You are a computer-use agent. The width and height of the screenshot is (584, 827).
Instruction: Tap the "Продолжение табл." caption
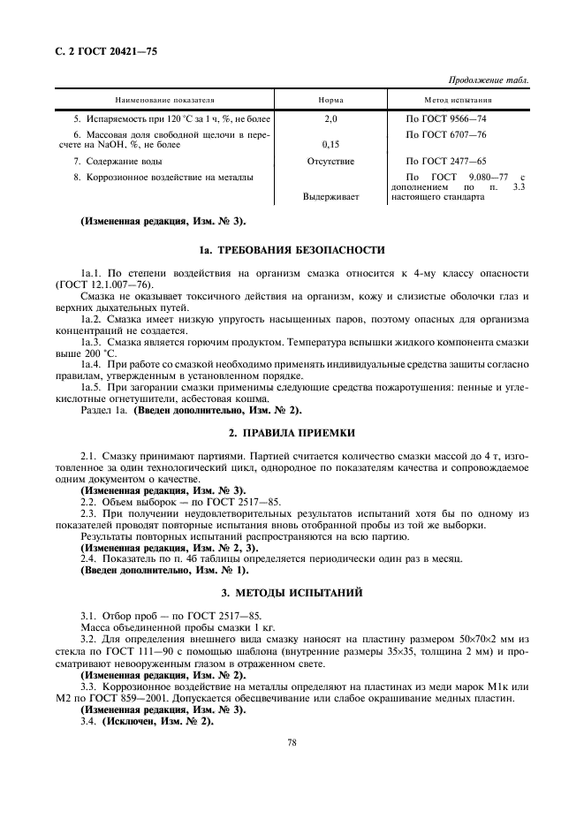489,80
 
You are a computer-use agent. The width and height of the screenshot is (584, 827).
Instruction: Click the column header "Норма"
330,100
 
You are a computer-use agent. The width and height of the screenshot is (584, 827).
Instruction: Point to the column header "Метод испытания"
458,100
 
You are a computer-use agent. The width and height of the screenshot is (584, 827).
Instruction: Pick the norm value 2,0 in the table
330,118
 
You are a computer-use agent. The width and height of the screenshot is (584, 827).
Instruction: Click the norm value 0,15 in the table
330,144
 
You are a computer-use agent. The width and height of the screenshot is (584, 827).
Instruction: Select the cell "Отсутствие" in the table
330,162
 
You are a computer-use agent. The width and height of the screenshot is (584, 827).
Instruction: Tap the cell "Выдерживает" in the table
330,197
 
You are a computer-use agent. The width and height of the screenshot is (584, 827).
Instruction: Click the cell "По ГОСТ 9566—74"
445,118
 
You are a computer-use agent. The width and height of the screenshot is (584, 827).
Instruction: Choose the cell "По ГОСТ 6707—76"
445,133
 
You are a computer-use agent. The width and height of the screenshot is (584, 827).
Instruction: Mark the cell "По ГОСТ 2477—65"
445,162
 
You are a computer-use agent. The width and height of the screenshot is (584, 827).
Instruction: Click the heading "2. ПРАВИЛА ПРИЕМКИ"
291,434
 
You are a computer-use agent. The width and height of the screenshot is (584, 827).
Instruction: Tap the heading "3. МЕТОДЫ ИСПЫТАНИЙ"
291,591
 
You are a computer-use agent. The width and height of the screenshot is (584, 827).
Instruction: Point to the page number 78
291,743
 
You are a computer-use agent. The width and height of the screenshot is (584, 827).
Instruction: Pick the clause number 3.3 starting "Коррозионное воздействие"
88,687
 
